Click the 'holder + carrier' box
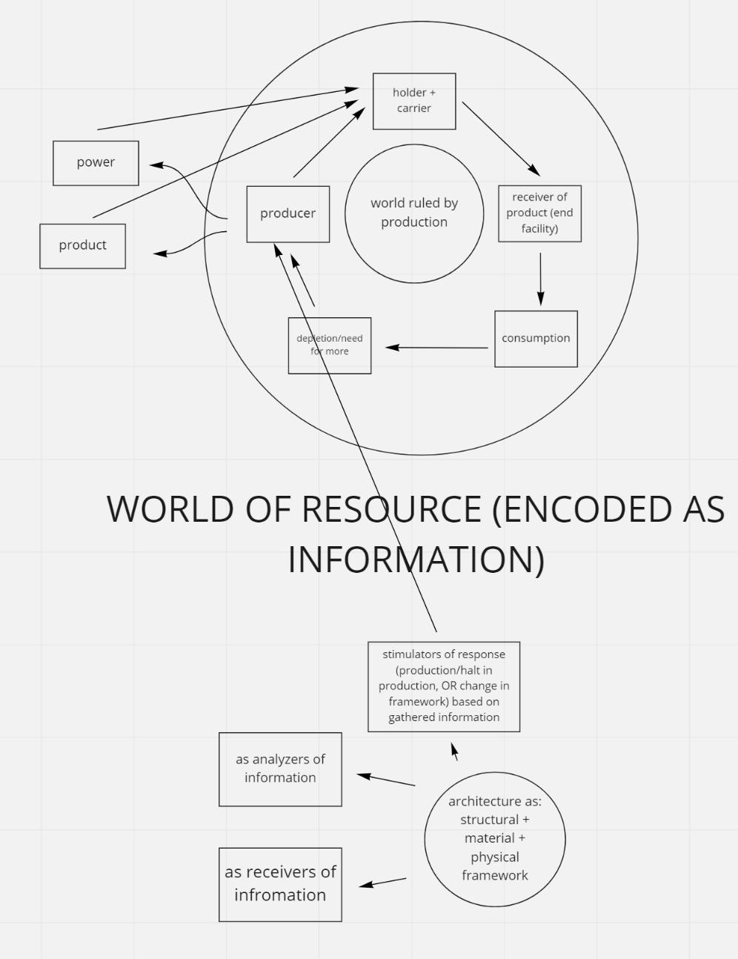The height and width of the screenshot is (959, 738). point(413,101)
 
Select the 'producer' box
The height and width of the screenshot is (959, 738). point(287,213)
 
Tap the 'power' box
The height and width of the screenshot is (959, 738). point(96,162)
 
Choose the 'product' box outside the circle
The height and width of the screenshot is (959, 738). point(82,245)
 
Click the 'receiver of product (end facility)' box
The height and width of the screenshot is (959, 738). point(539,213)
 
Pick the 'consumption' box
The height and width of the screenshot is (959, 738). point(536,339)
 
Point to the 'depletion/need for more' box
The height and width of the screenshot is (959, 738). point(330,345)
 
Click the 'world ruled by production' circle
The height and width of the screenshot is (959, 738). point(414,213)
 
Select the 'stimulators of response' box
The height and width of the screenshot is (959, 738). point(444,686)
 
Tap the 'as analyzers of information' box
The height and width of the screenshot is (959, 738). point(280,769)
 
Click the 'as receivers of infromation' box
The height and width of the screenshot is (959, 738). point(280,884)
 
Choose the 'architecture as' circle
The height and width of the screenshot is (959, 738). point(495,838)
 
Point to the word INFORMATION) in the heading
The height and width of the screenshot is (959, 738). point(416,559)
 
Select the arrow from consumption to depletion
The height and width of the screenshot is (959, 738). point(437,347)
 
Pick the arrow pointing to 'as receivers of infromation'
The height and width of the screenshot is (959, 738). point(382,882)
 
